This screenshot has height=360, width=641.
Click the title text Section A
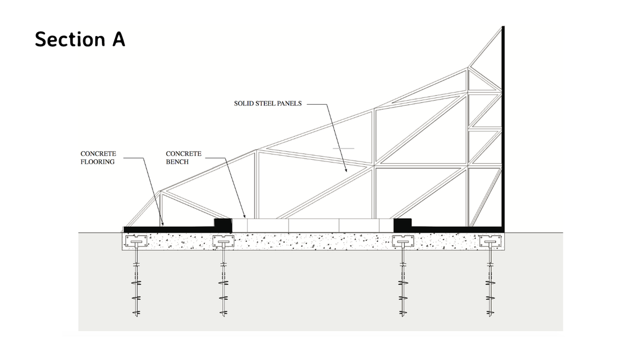coord(80,39)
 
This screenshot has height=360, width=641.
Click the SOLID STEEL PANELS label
coord(268,103)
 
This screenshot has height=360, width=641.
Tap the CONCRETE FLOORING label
coord(98,157)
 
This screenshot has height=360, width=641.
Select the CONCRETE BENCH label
coord(183,157)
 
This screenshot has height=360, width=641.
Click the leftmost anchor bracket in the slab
coord(136,241)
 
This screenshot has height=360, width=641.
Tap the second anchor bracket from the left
coord(223,241)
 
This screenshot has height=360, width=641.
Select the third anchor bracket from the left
coord(403,241)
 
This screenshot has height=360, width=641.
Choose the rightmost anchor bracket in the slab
coord(490,241)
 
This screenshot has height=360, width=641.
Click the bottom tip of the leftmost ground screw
coord(137,316)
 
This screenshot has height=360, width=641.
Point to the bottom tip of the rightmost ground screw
coord(490,316)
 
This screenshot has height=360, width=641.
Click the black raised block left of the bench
coord(223,225)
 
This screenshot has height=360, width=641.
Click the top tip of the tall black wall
coord(503,26)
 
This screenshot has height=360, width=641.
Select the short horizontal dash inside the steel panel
coord(343,148)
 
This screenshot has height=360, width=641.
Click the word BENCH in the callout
coord(177,162)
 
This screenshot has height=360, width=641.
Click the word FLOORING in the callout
coord(97,162)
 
